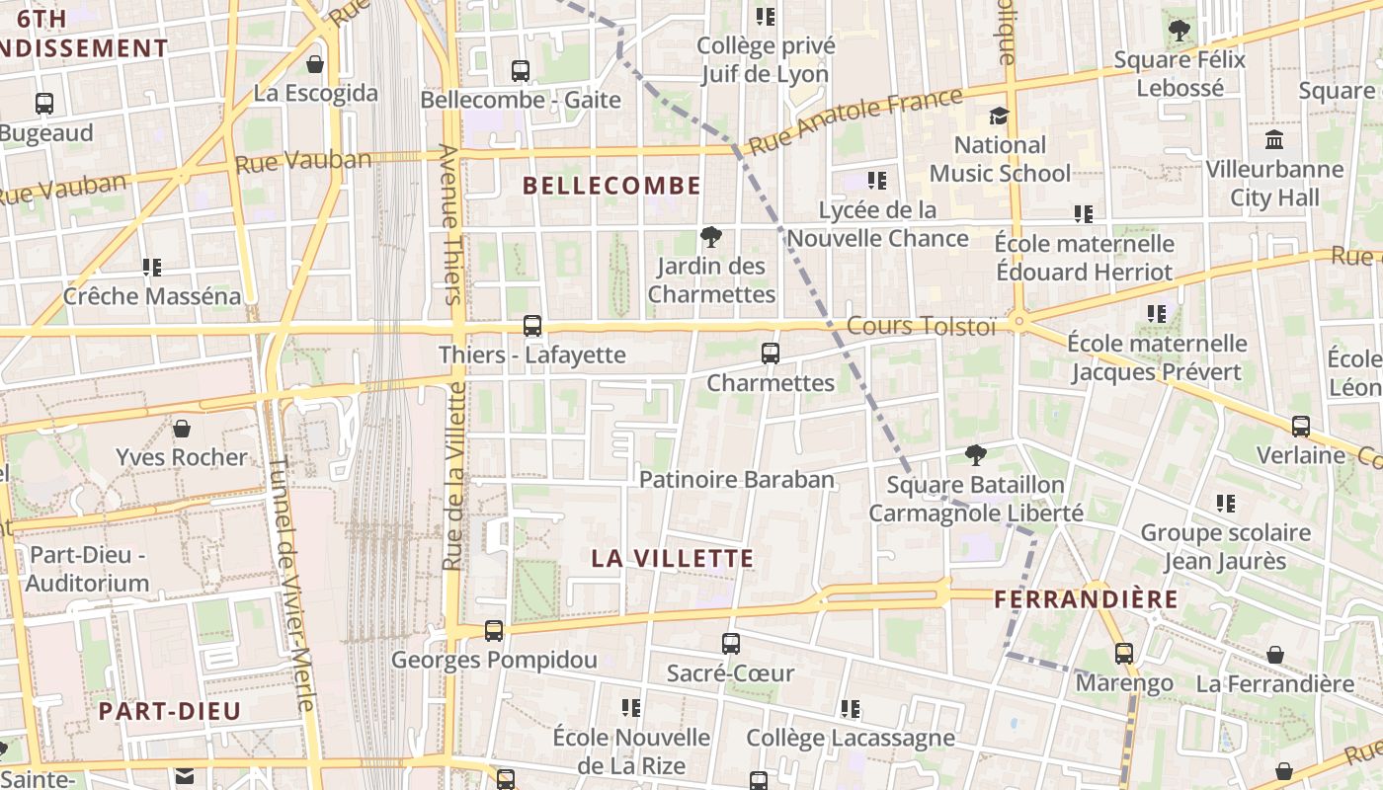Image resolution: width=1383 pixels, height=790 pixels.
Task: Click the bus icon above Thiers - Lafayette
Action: click(532, 325)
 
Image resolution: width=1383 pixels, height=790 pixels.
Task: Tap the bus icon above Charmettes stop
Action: click(771, 353)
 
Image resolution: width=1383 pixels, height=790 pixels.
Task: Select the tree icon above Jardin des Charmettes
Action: click(710, 237)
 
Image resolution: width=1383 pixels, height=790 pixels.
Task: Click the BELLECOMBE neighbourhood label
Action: click(611, 186)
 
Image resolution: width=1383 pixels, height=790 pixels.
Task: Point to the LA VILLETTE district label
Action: click(673, 558)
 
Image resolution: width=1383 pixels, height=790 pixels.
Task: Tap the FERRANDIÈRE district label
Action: click(1086, 599)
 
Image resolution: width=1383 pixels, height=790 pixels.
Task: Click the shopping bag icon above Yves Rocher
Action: click(182, 429)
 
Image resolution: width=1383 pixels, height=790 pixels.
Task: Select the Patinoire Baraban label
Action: click(737, 480)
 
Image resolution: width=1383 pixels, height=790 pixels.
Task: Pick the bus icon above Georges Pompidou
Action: click(494, 630)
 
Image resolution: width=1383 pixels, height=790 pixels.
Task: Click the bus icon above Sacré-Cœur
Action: click(731, 644)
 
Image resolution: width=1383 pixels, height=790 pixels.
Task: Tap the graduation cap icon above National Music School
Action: click(1000, 117)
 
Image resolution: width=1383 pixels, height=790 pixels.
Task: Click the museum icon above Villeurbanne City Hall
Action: click(1274, 140)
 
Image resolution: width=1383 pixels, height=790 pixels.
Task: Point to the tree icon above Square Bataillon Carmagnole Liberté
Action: click(976, 455)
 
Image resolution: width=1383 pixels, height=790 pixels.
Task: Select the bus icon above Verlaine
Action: click(1301, 427)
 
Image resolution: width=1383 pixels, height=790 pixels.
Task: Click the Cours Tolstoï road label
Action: click(922, 326)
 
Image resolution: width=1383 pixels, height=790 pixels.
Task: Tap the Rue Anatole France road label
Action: click(854, 121)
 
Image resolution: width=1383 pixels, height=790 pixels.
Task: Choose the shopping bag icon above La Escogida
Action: click(315, 65)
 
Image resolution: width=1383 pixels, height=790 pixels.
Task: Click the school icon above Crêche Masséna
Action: click(152, 267)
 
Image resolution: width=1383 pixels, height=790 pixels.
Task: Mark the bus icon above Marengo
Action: click(1124, 654)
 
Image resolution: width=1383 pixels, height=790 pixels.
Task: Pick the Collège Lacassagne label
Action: click(851, 738)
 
